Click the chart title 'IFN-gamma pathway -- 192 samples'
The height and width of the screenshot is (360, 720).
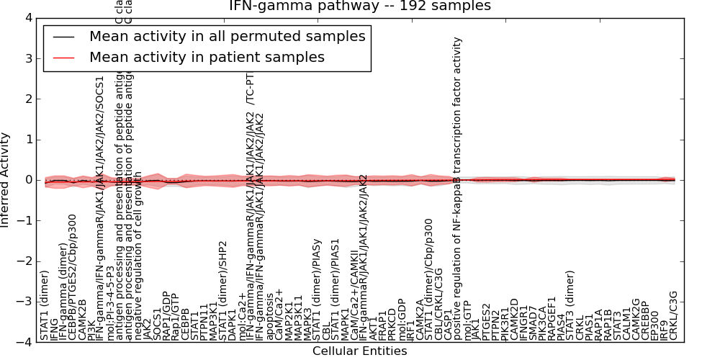(x=359, y=6)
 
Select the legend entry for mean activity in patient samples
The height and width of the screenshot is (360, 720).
(x=207, y=57)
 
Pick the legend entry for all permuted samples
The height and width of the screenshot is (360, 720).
(x=227, y=37)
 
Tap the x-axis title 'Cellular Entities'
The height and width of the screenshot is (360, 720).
(x=359, y=351)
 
